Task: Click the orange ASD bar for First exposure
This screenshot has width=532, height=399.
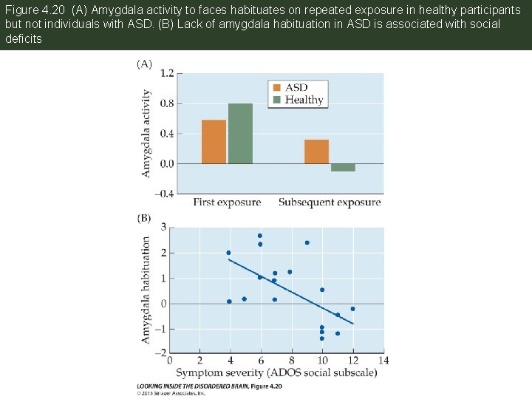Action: [x=214, y=141]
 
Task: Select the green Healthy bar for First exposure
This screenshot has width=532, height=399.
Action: [x=240, y=134]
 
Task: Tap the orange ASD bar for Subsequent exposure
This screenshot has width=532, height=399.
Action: [x=316, y=151]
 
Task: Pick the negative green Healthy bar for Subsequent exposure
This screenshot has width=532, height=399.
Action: [x=343, y=167]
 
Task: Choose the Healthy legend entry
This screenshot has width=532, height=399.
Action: [x=298, y=100]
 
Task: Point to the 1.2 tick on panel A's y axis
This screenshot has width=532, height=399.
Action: [x=166, y=73]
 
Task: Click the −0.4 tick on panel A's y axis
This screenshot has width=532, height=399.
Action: [x=165, y=194]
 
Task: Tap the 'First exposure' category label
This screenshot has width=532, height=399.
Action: [x=228, y=202]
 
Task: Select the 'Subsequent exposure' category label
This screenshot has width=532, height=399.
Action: [x=330, y=202]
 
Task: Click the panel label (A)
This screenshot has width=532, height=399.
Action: [x=143, y=64]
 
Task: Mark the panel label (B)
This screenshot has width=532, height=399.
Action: [x=143, y=219]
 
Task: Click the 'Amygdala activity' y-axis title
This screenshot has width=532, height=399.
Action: [x=146, y=133]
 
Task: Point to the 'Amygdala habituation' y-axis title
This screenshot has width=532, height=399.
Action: [x=146, y=290]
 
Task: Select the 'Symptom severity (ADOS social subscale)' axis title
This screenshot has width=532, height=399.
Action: [x=276, y=372]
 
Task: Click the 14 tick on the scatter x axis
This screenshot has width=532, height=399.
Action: [x=382, y=360]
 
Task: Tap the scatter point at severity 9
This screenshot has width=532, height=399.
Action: [x=307, y=242]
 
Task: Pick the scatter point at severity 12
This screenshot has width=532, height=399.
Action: [x=352, y=309]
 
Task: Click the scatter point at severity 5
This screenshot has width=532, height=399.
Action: [x=244, y=299]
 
